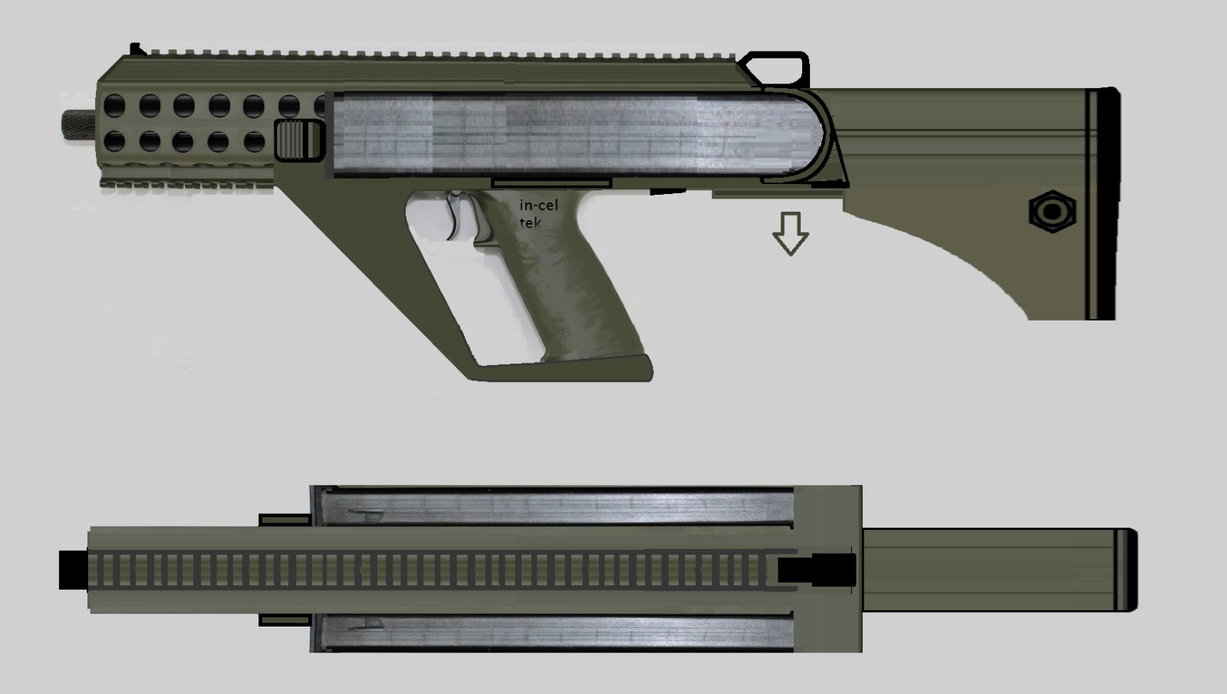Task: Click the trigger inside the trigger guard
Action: tap(456, 216)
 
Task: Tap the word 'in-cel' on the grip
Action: tap(538, 206)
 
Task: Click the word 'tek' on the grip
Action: tap(530, 222)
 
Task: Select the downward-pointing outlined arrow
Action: tap(791, 233)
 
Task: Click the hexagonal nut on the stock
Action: tap(1052, 212)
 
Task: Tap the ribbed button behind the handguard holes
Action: tap(298, 140)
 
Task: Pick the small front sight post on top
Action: tap(137, 49)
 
